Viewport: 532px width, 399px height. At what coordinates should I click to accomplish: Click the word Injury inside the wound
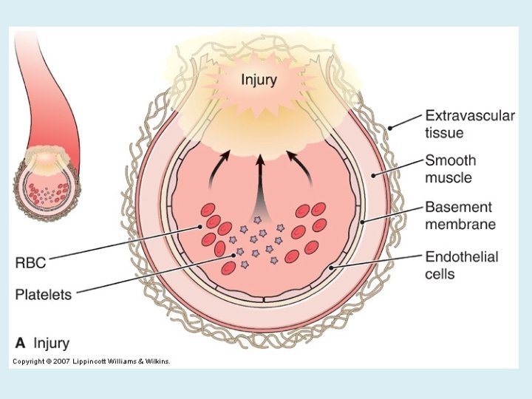pos(259,80)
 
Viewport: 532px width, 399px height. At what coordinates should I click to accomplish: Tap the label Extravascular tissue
pos(469,124)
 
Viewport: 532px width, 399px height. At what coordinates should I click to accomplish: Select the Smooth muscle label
pos(449,168)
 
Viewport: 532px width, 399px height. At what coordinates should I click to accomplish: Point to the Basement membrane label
pos(460,215)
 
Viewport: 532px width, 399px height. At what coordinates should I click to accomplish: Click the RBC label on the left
pos(32,262)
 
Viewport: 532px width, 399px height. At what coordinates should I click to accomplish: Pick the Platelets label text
pos(44,294)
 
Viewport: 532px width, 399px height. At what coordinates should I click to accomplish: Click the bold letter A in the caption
pos(21,343)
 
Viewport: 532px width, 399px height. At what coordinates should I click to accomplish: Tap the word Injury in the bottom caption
pos(50,343)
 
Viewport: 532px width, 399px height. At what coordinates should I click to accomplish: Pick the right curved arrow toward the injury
pos(298,164)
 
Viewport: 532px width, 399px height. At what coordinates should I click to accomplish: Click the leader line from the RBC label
pos(126,244)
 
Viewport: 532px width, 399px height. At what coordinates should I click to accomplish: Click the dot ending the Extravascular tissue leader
pos(389,128)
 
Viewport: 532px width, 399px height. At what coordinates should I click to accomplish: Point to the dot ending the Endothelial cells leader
pos(332,267)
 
